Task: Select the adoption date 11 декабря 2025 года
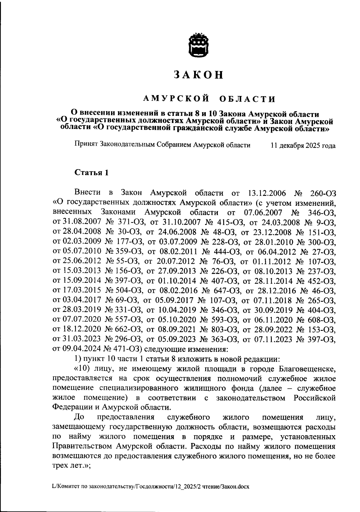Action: (x=303, y=146)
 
